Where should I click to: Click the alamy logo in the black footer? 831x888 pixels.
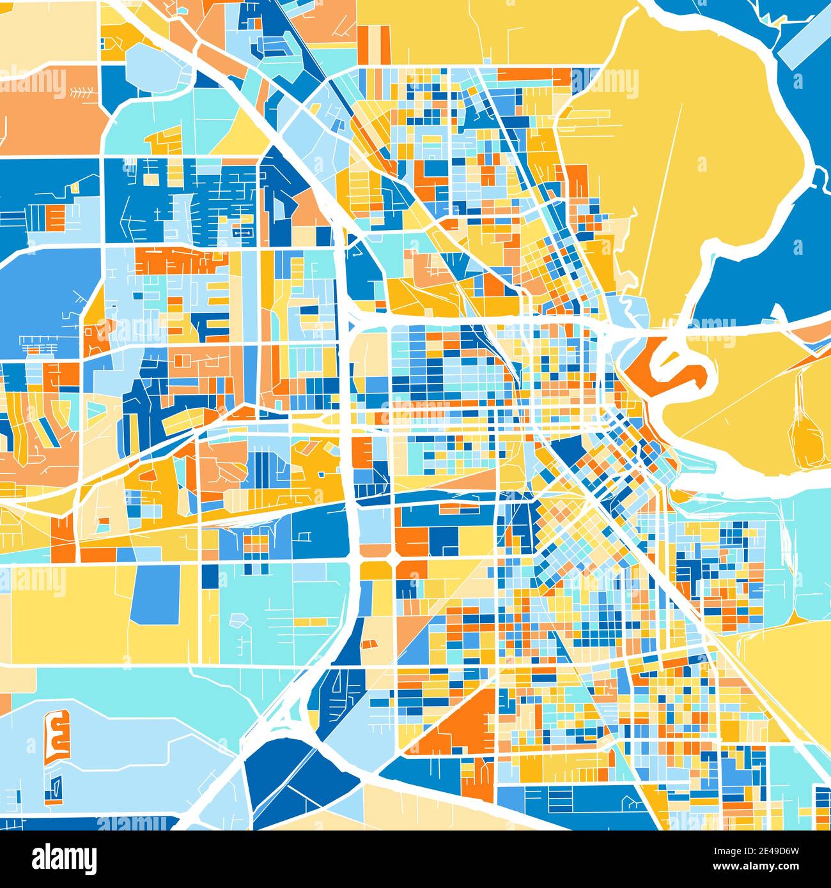tap(65, 858)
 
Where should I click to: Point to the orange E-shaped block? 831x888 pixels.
tap(57, 735)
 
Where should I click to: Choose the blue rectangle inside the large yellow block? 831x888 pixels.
tap(155, 594)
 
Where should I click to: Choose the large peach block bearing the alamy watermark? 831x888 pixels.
tap(48, 109)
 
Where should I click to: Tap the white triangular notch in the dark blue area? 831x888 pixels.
tap(779, 312)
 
